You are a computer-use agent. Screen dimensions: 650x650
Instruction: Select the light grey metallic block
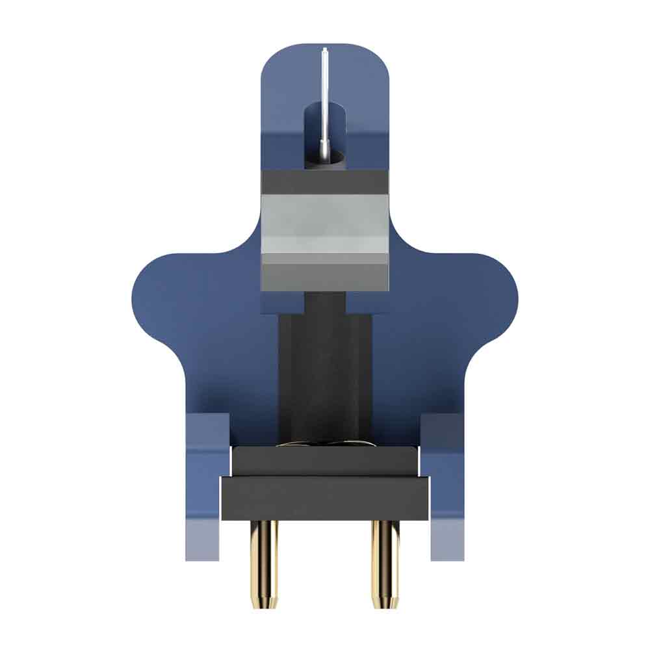(325, 224)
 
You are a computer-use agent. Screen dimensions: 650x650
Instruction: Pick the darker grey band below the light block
(325, 273)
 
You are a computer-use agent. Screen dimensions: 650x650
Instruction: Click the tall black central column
(325, 370)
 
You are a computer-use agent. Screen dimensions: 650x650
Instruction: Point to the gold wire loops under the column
(325, 445)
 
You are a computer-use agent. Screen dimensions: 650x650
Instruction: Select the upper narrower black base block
(325, 461)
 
